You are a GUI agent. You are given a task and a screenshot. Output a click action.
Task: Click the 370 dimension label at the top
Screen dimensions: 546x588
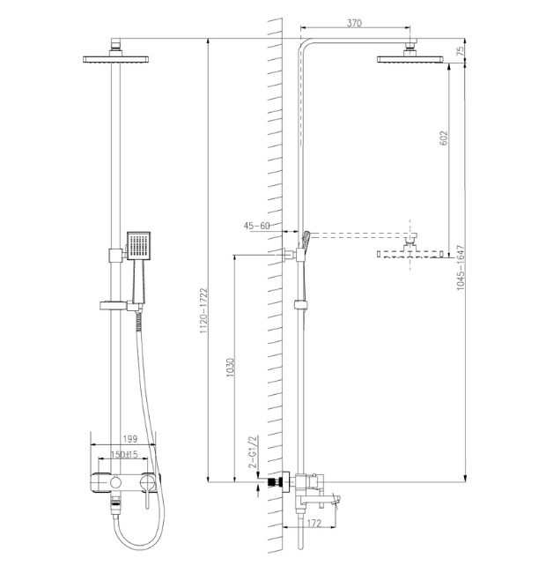[354, 23]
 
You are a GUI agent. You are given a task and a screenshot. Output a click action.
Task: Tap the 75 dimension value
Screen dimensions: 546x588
[461, 50]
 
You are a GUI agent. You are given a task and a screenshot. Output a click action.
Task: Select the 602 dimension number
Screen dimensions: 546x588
[443, 138]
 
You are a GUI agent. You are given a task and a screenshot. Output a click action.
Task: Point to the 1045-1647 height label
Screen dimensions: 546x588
[461, 268]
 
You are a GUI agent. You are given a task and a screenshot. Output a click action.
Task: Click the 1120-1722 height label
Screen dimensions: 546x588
[203, 311]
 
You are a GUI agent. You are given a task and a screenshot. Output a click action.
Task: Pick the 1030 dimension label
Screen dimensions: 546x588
[230, 368]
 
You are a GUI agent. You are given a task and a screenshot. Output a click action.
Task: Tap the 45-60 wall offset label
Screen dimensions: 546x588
[256, 226]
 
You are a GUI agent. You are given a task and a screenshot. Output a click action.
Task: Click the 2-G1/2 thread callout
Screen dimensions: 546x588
[254, 452]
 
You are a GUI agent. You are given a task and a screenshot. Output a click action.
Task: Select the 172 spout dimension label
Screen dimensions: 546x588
[314, 523]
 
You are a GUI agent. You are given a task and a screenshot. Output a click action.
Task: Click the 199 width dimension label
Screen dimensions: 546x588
[130, 438]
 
